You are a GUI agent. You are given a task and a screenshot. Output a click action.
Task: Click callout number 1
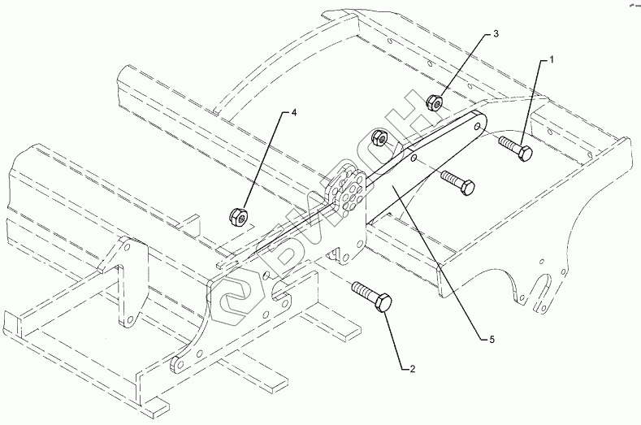[552, 59]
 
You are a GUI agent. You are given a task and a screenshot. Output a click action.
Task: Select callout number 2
[413, 369]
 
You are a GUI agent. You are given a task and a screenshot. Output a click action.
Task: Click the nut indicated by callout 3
[435, 102]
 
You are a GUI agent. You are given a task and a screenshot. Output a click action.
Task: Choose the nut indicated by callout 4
[236, 216]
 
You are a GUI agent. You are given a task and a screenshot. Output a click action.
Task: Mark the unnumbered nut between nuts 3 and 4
[378, 137]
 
